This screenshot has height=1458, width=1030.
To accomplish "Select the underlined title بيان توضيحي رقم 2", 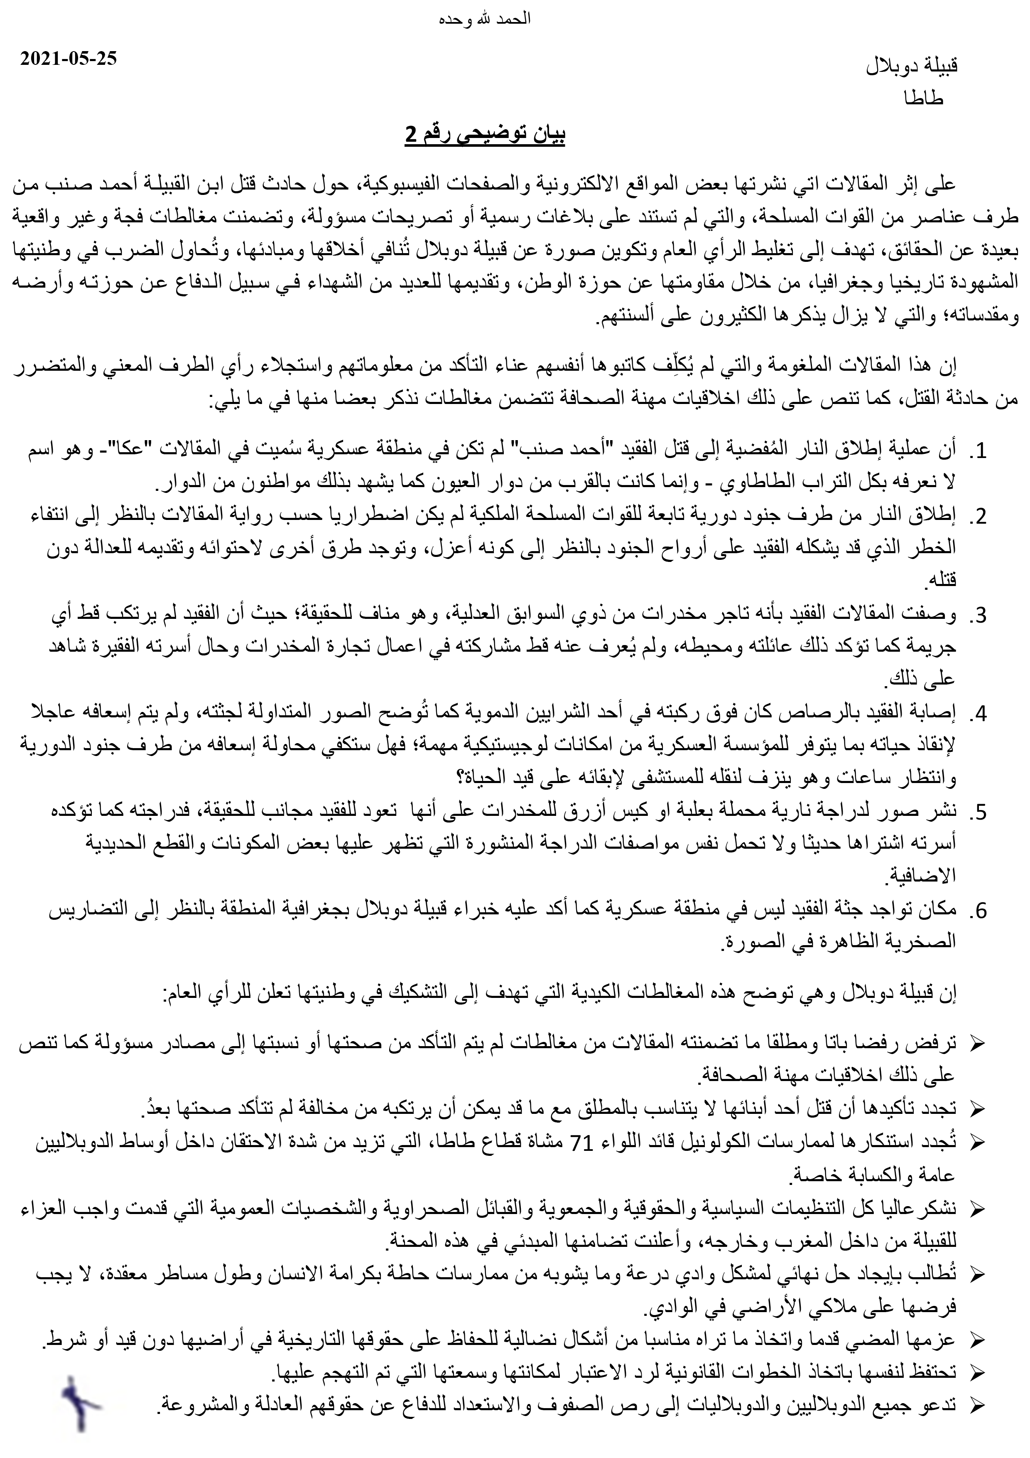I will point(486,135).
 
